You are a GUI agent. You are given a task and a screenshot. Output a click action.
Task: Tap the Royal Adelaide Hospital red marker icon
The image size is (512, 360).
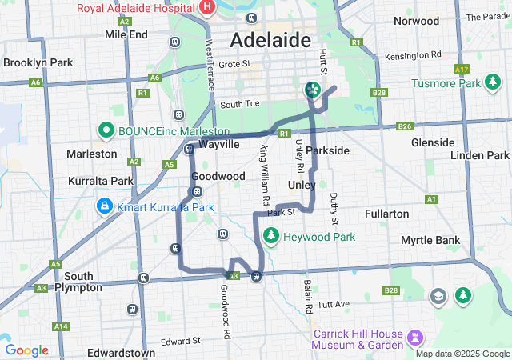[x=207, y=8]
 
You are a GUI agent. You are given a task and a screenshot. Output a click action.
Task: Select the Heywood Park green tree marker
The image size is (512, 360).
[x=271, y=236]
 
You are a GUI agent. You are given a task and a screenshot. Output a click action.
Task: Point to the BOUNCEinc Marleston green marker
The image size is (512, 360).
[x=105, y=130]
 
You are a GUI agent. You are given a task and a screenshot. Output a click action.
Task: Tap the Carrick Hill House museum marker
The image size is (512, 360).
[x=414, y=334]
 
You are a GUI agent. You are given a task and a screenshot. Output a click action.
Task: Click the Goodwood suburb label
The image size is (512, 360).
[x=218, y=176]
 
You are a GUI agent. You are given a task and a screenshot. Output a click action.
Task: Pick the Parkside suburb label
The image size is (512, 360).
[x=327, y=150]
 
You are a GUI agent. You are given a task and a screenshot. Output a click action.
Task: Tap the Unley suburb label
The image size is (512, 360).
[x=301, y=185]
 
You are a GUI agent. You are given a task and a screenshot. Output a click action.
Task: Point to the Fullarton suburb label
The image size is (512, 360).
[x=386, y=214]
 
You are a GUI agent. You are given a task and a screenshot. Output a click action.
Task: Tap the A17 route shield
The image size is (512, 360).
[x=462, y=70]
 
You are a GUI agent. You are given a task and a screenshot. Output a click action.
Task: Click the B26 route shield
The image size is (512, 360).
[x=405, y=126]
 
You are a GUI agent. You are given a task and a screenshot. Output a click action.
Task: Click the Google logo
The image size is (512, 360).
[x=26, y=350]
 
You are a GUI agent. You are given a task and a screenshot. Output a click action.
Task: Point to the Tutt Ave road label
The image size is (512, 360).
[x=333, y=304]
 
